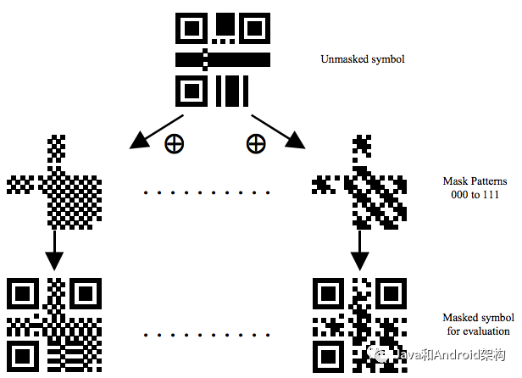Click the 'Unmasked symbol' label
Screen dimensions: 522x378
coord(363,59)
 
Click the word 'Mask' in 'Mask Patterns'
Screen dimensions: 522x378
coord(456,181)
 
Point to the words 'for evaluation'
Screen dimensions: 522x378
coord(479,331)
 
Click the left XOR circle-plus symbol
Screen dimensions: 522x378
coord(173,144)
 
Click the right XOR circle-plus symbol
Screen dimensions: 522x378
coord(255,144)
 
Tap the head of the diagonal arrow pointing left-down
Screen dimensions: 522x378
coord(138,142)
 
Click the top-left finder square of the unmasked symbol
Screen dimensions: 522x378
coord(191,28)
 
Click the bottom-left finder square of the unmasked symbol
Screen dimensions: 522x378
coord(191,90)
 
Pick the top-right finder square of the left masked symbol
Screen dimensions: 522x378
coord(86,292)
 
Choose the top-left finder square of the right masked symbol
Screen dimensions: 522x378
coord(328,292)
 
